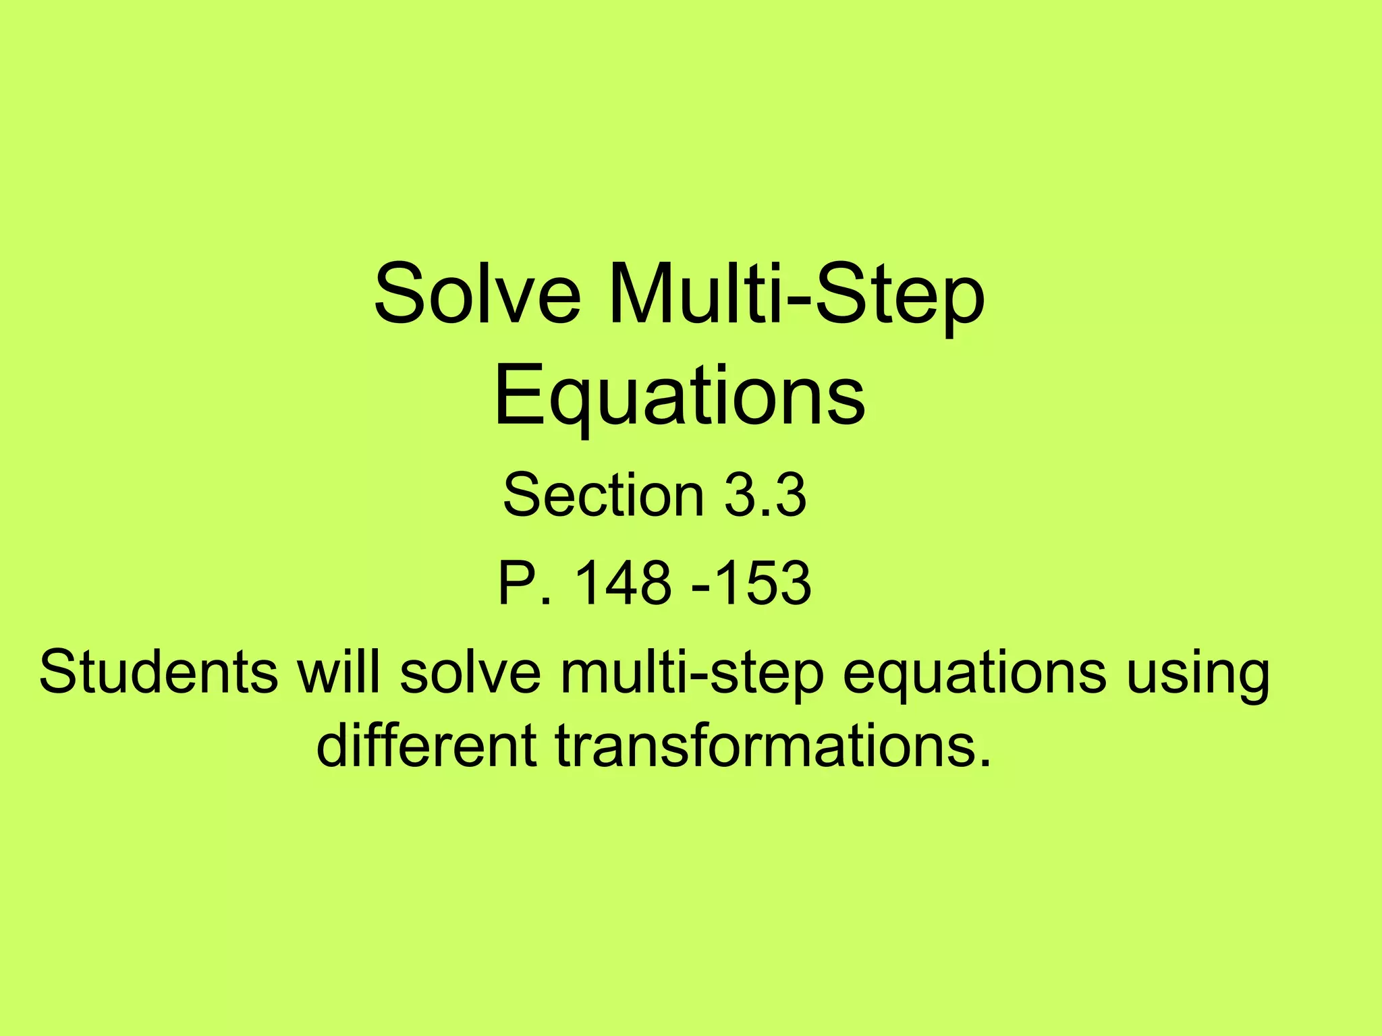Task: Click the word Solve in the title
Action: (x=477, y=295)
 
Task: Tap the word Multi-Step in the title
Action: (x=796, y=295)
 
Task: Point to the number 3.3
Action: (x=765, y=495)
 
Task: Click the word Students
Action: (x=158, y=672)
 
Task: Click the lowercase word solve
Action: (x=470, y=672)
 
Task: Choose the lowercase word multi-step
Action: (x=692, y=673)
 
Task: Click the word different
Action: (x=426, y=746)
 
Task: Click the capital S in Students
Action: (x=57, y=672)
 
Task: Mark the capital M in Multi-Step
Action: (x=644, y=295)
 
